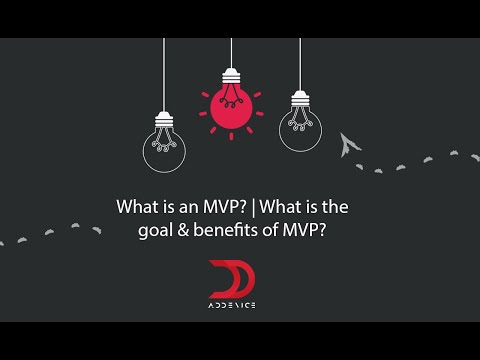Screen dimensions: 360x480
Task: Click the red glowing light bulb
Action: [x=231, y=104]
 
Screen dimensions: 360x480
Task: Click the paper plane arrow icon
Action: [x=348, y=144]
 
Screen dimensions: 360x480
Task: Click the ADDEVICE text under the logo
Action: [x=232, y=304]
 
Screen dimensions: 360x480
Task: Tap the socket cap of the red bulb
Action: [x=231, y=76]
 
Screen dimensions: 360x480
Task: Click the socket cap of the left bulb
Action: [x=164, y=120]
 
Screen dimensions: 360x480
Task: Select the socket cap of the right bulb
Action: [x=300, y=98]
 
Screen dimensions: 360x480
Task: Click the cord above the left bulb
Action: [x=164, y=75]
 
